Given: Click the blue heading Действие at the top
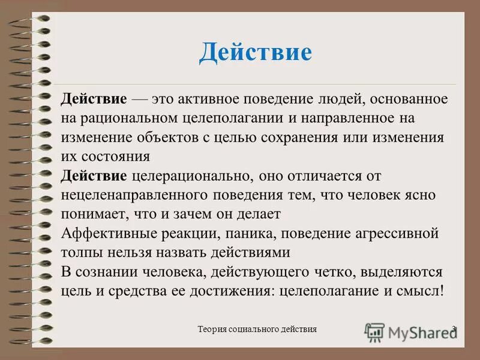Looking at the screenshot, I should point(256,52).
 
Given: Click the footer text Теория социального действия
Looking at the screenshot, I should point(257,329).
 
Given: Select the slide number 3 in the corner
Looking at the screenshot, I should point(454,329).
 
